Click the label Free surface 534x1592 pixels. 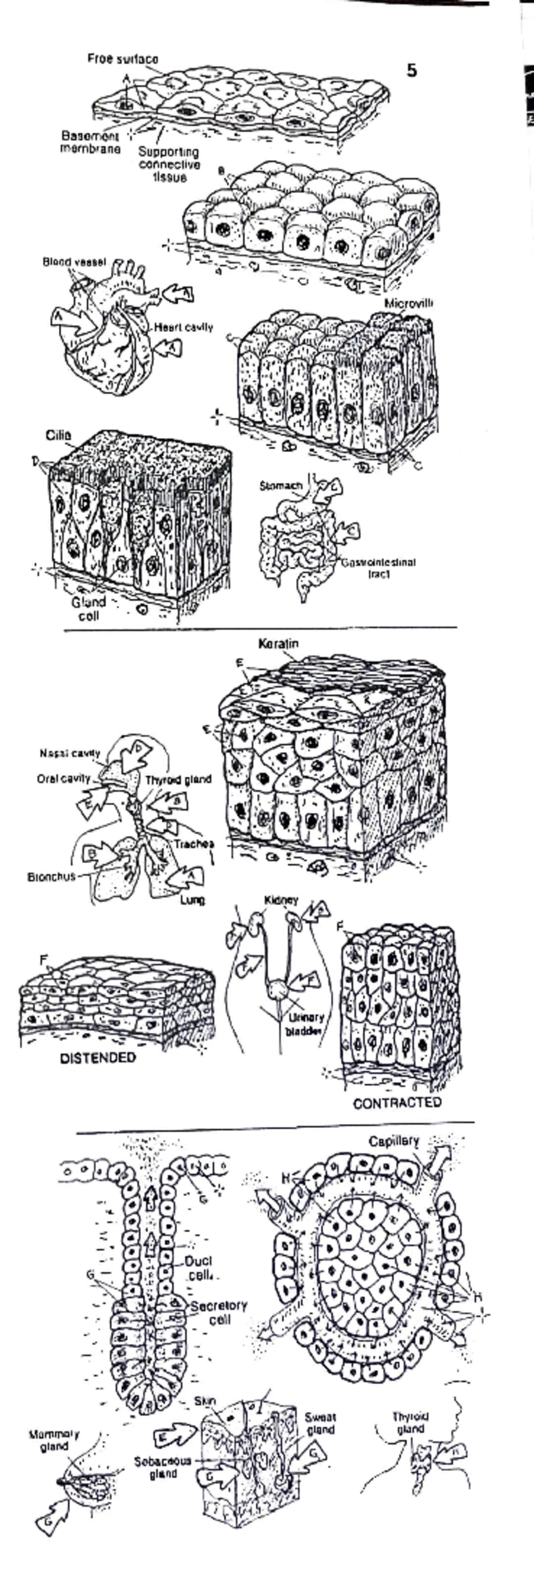[x=122, y=59]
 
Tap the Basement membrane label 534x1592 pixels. [x=90, y=142]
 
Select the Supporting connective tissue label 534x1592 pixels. [x=169, y=164]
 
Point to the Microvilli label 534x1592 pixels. [x=408, y=304]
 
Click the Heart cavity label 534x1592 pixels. [x=183, y=328]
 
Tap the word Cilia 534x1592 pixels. [x=59, y=436]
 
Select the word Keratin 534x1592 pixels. [x=278, y=644]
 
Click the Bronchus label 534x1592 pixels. [x=51, y=876]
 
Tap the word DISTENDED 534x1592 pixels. [x=97, y=1058]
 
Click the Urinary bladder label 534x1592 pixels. [x=304, y=1024]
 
